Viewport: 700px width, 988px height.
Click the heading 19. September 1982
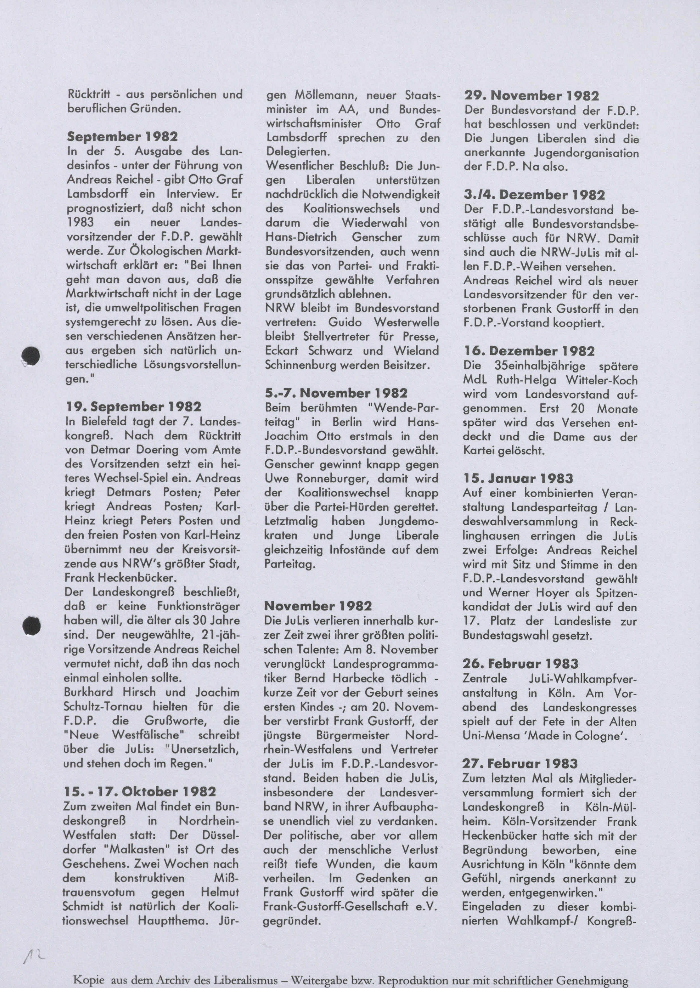[x=134, y=407]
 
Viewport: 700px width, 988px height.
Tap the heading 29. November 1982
[x=532, y=95]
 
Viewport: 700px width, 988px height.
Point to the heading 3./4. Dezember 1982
[x=534, y=195]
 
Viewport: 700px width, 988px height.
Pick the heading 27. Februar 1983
[x=520, y=764]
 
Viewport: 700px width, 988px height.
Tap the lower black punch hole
[x=31, y=626]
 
